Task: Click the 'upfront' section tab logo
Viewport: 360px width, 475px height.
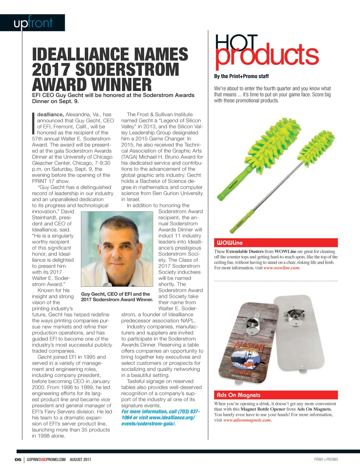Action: pyautogui.click(x=33, y=23)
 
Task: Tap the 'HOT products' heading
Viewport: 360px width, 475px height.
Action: pyautogui.click(x=266, y=51)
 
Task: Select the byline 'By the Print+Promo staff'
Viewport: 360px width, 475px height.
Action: pyautogui.click(x=241, y=76)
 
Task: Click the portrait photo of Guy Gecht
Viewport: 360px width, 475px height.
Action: pyautogui.click(x=120, y=249)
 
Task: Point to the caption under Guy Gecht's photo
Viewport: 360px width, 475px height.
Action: pyautogui.click(x=117, y=297)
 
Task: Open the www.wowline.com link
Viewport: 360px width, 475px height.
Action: pyautogui.click(x=282, y=268)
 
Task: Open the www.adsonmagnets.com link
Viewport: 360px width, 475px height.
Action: pyautogui.click(x=247, y=420)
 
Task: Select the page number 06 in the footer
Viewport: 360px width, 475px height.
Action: pyautogui.click(x=18, y=460)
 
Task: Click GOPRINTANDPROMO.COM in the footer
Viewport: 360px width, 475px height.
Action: pyautogui.click(x=46, y=460)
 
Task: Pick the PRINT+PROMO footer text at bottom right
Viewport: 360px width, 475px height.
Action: pyautogui.click(x=326, y=460)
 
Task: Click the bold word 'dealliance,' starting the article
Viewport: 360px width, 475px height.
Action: pyautogui.click(x=50, y=114)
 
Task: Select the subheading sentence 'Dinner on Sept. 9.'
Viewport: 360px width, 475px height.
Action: pyautogui.click(x=56, y=101)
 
